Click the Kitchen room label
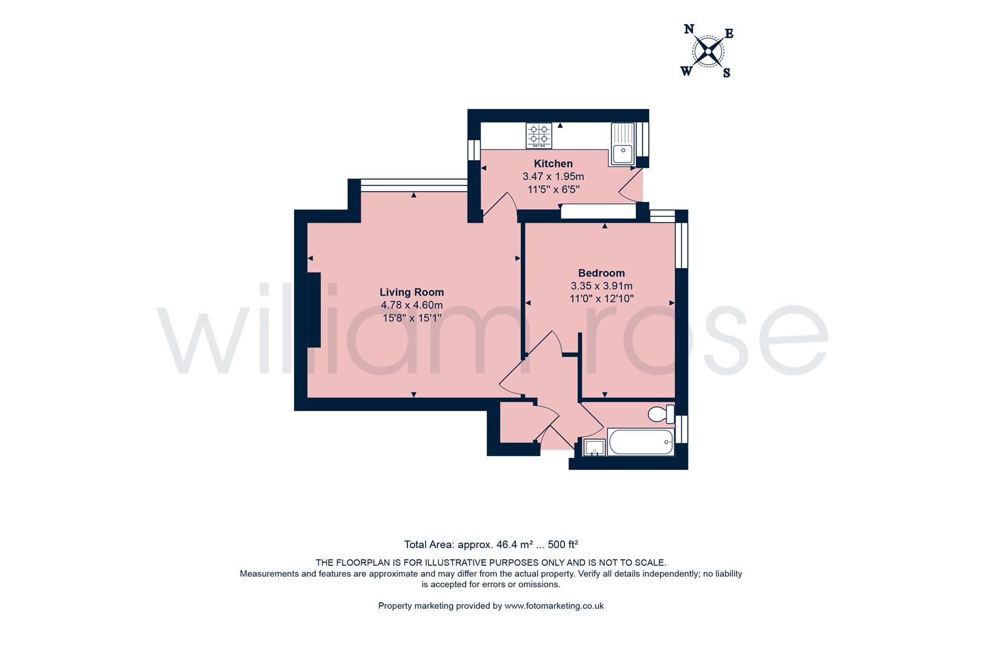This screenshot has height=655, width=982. click(x=553, y=164)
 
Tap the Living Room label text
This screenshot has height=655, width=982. click(x=412, y=292)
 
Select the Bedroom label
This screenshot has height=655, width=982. click(x=601, y=273)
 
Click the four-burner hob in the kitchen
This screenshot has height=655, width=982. click(x=539, y=136)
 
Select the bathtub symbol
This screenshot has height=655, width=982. click(x=641, y=442)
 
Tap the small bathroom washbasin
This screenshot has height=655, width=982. click(x=594, y=448)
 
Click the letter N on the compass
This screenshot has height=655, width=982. click(x=689, y=29)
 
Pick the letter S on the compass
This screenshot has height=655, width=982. click(x=727, y=73)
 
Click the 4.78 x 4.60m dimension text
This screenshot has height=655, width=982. click(x=412, y=305)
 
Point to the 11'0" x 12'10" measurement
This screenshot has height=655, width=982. click(x=601, y=298)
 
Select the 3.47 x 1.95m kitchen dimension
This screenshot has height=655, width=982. click(x=553, y=176)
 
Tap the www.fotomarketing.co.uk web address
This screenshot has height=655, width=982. click(x=554, y=605)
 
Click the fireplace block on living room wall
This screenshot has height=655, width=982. click(x=313, y=310)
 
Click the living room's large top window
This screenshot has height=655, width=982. click(x=413, y=186)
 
